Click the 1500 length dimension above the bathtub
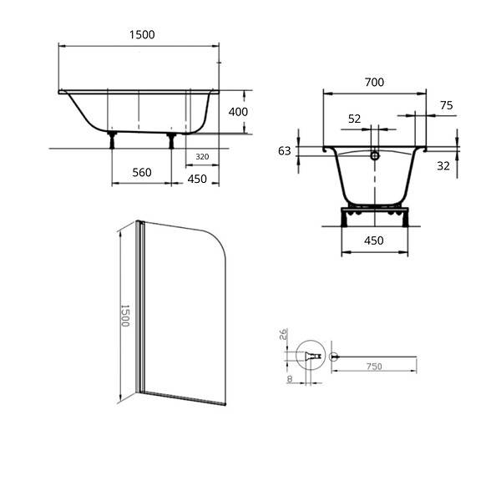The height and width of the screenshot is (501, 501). [142, 34]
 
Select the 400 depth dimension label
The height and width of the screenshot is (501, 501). [238, 112]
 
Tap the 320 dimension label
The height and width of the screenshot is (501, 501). [202, 157]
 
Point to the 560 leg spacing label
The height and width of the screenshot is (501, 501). [142, 173]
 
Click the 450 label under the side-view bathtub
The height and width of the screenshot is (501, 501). [197, 179]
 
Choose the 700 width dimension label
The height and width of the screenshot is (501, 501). [374, 83]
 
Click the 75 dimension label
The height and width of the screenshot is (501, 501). [447, 105]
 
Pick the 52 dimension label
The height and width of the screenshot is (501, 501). [354, 119]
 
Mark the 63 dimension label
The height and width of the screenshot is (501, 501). [285, 151]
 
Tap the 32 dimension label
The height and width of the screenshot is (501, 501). [443, 166]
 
